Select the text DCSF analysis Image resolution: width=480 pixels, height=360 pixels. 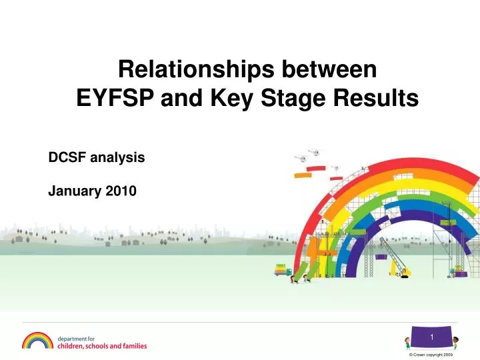tap(97, 158)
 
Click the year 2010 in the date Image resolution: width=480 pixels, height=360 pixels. tap(121, 191)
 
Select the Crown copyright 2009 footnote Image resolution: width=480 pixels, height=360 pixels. tap(434, 355)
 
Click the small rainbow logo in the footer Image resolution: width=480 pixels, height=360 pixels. tap(37, 341)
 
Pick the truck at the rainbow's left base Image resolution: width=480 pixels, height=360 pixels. tap(282, 269)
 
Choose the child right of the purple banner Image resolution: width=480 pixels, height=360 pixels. tap(455, 343)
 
